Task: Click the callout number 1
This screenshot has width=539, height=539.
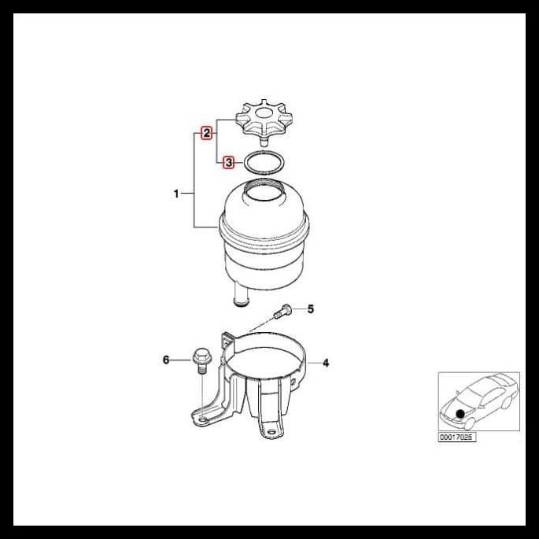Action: pyautogui.click(x=177, y=193)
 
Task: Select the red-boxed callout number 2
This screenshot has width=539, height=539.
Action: pyautogui.click(x=206, y=133)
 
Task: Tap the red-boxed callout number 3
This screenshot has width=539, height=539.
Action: pyautogui.click(x=228, y=163)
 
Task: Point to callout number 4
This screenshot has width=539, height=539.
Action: pyautogui.click(x=326, y=363)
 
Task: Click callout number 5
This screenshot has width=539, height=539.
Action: pyautogui.click(x=310, y=308)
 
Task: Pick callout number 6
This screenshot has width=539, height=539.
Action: pyautogui.click(x=166, y=360)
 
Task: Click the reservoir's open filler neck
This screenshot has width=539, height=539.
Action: pyautogui.click(x=263, y=189)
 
